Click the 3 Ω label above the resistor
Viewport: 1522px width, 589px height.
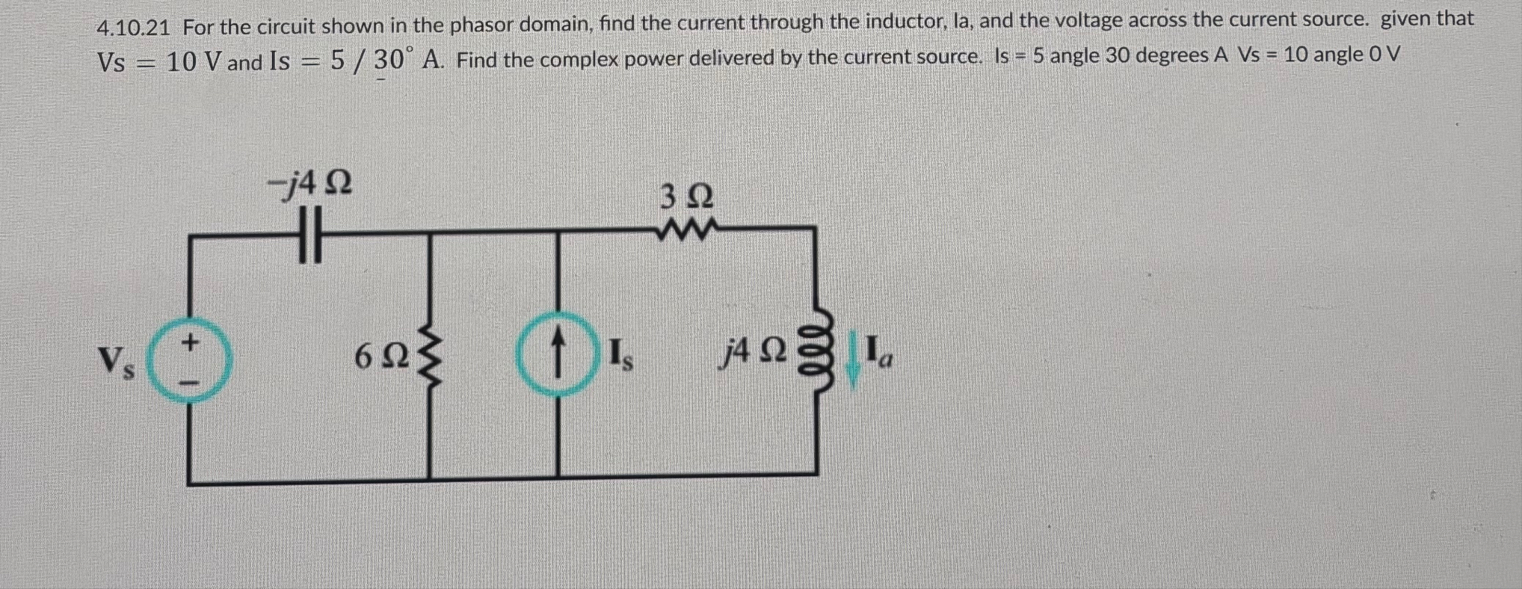point(687,197)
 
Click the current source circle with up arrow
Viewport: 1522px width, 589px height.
point(557,354)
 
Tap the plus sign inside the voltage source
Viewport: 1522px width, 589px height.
point(191,342)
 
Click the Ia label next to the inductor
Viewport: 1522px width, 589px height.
point(879,352)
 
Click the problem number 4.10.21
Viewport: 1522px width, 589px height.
point(134,28)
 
